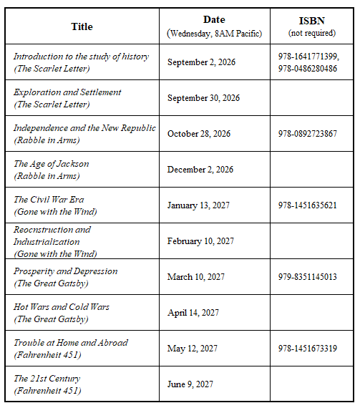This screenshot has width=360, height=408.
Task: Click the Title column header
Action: pyautogui.click(x=82, y=26)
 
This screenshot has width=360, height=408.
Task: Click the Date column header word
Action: pyautogui.click(x=214, y=20)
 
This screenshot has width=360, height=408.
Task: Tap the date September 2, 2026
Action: pyautogui.click(x=201, y=62)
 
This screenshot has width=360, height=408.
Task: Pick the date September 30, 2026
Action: pyautogui.click(x=204, y=98)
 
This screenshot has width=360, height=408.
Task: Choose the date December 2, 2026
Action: pyautogui.click(x=200, y=170)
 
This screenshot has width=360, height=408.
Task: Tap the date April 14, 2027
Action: pyautogui.click(x=193, y=313)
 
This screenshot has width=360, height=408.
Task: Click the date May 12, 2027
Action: pyautogui.click(x=193, y=349)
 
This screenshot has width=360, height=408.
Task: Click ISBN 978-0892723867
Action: pyautogui.click(x=308, y=134)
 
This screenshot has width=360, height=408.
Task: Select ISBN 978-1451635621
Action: pyautogui.click(x=308, y=205)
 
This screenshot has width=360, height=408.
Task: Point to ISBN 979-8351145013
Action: pyautogui.click(x=308, y=277)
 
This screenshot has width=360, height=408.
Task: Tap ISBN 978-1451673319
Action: pyautogui.click(x=308, y=349)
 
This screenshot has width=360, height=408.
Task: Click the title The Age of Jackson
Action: pyautogui.click(x=52, y=164)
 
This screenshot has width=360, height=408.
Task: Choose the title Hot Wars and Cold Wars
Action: pyautogui.click(x=62, y=307)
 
